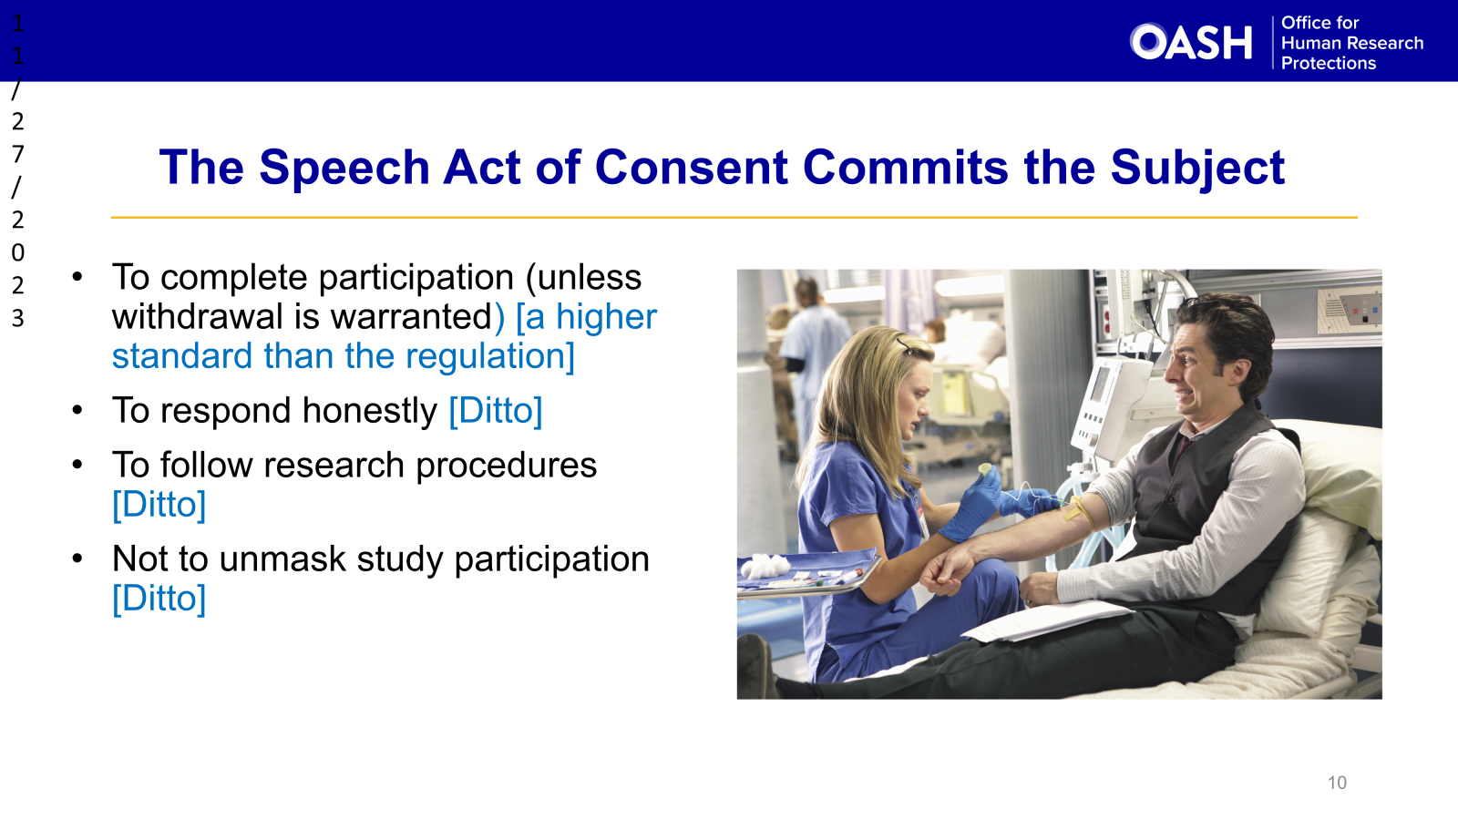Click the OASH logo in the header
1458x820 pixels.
[1191, 42]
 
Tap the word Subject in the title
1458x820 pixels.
[1196, 168]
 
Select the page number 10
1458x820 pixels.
[1337, 783]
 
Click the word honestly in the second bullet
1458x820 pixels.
[369, 411]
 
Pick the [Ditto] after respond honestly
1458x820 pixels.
[496, 411]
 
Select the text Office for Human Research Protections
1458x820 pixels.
[1351, 43]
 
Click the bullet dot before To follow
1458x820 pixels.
[78, 465]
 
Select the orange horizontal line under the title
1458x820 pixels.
[734, 218]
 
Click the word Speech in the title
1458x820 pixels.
[344, 168]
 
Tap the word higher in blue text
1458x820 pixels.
[606, 317]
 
